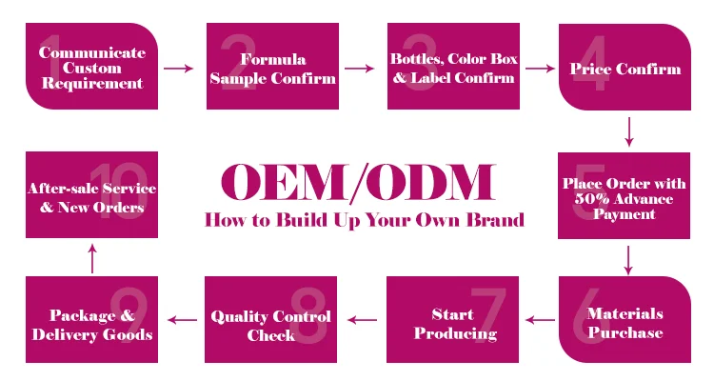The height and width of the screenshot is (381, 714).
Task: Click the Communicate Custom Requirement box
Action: coord(90,67)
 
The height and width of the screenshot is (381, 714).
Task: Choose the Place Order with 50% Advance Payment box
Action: coord(625,196)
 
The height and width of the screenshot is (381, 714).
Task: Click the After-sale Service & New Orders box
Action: coord(90,196)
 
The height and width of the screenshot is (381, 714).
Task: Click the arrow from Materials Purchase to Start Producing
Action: coord(542,321)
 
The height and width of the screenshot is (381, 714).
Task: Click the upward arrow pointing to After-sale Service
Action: coord(91,257)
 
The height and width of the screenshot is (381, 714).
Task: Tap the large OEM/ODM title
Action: coord(358,183)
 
